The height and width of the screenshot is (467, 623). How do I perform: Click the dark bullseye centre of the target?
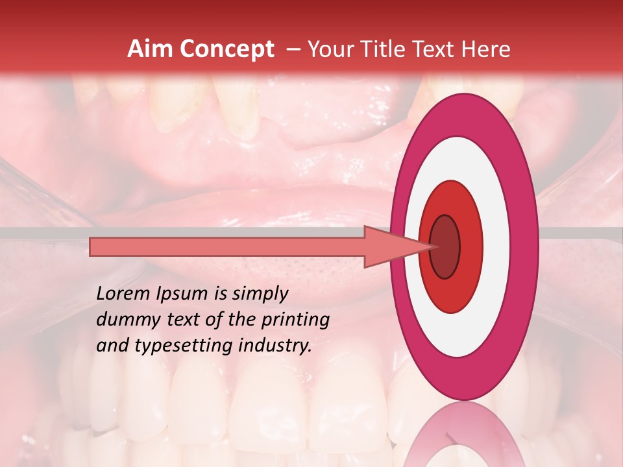[445, 246]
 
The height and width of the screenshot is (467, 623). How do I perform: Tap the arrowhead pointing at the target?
[389, 246]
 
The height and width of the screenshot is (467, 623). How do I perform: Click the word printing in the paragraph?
[298, 320]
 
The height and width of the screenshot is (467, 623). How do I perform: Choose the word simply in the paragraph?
[258, 294]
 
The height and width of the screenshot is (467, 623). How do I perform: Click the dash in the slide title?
[293, 49]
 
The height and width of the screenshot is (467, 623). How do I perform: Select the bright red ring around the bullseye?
[470, 246]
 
